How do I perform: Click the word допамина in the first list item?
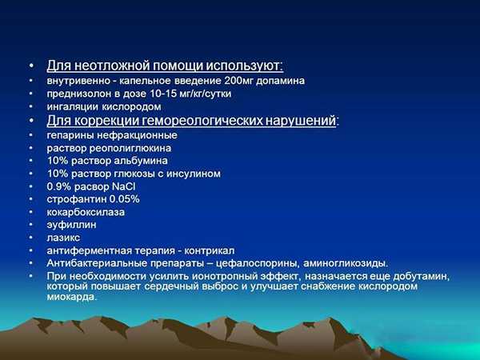281,81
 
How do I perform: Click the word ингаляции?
73,107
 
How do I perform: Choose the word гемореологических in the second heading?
202,121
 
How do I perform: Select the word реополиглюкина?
130,149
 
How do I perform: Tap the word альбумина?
141,161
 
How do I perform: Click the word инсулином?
194,174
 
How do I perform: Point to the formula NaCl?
124,186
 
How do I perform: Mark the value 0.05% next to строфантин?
124,199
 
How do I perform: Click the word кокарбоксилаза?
86,213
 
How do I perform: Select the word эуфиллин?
72,225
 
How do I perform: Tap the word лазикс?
63,238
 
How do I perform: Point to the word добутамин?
422,277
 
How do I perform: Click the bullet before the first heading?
31,66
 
